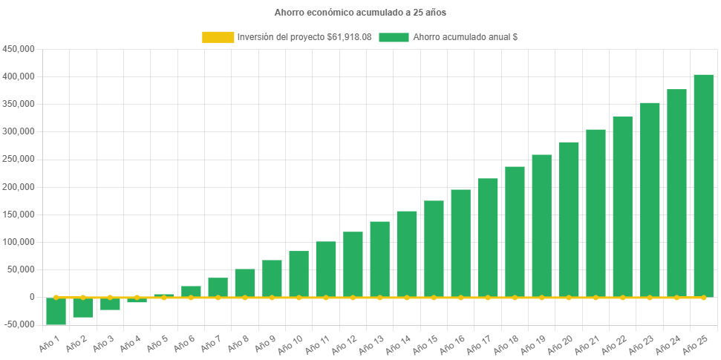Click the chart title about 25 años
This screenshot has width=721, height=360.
(360, 13)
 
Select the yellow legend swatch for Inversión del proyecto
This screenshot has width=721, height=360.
(217, 37)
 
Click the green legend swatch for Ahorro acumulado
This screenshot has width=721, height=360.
(394, 37)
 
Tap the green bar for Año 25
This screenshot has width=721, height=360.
(703, 186)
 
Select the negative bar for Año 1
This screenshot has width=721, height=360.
(56, 311)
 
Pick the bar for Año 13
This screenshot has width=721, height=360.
(379, 259)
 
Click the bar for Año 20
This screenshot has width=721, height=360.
(569, 220)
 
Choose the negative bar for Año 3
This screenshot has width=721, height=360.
(110, 304)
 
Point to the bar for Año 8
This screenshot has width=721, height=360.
(245, 283)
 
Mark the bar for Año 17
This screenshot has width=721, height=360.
(488, 238)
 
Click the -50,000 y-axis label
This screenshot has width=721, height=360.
(19, 324)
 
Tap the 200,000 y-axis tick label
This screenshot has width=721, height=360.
(19, 187)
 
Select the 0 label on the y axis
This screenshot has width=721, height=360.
(32, 297)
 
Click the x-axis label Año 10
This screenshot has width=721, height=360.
(290, 342)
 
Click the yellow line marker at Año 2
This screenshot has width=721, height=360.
(83, 297)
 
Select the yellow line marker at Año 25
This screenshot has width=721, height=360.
(703, 297)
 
